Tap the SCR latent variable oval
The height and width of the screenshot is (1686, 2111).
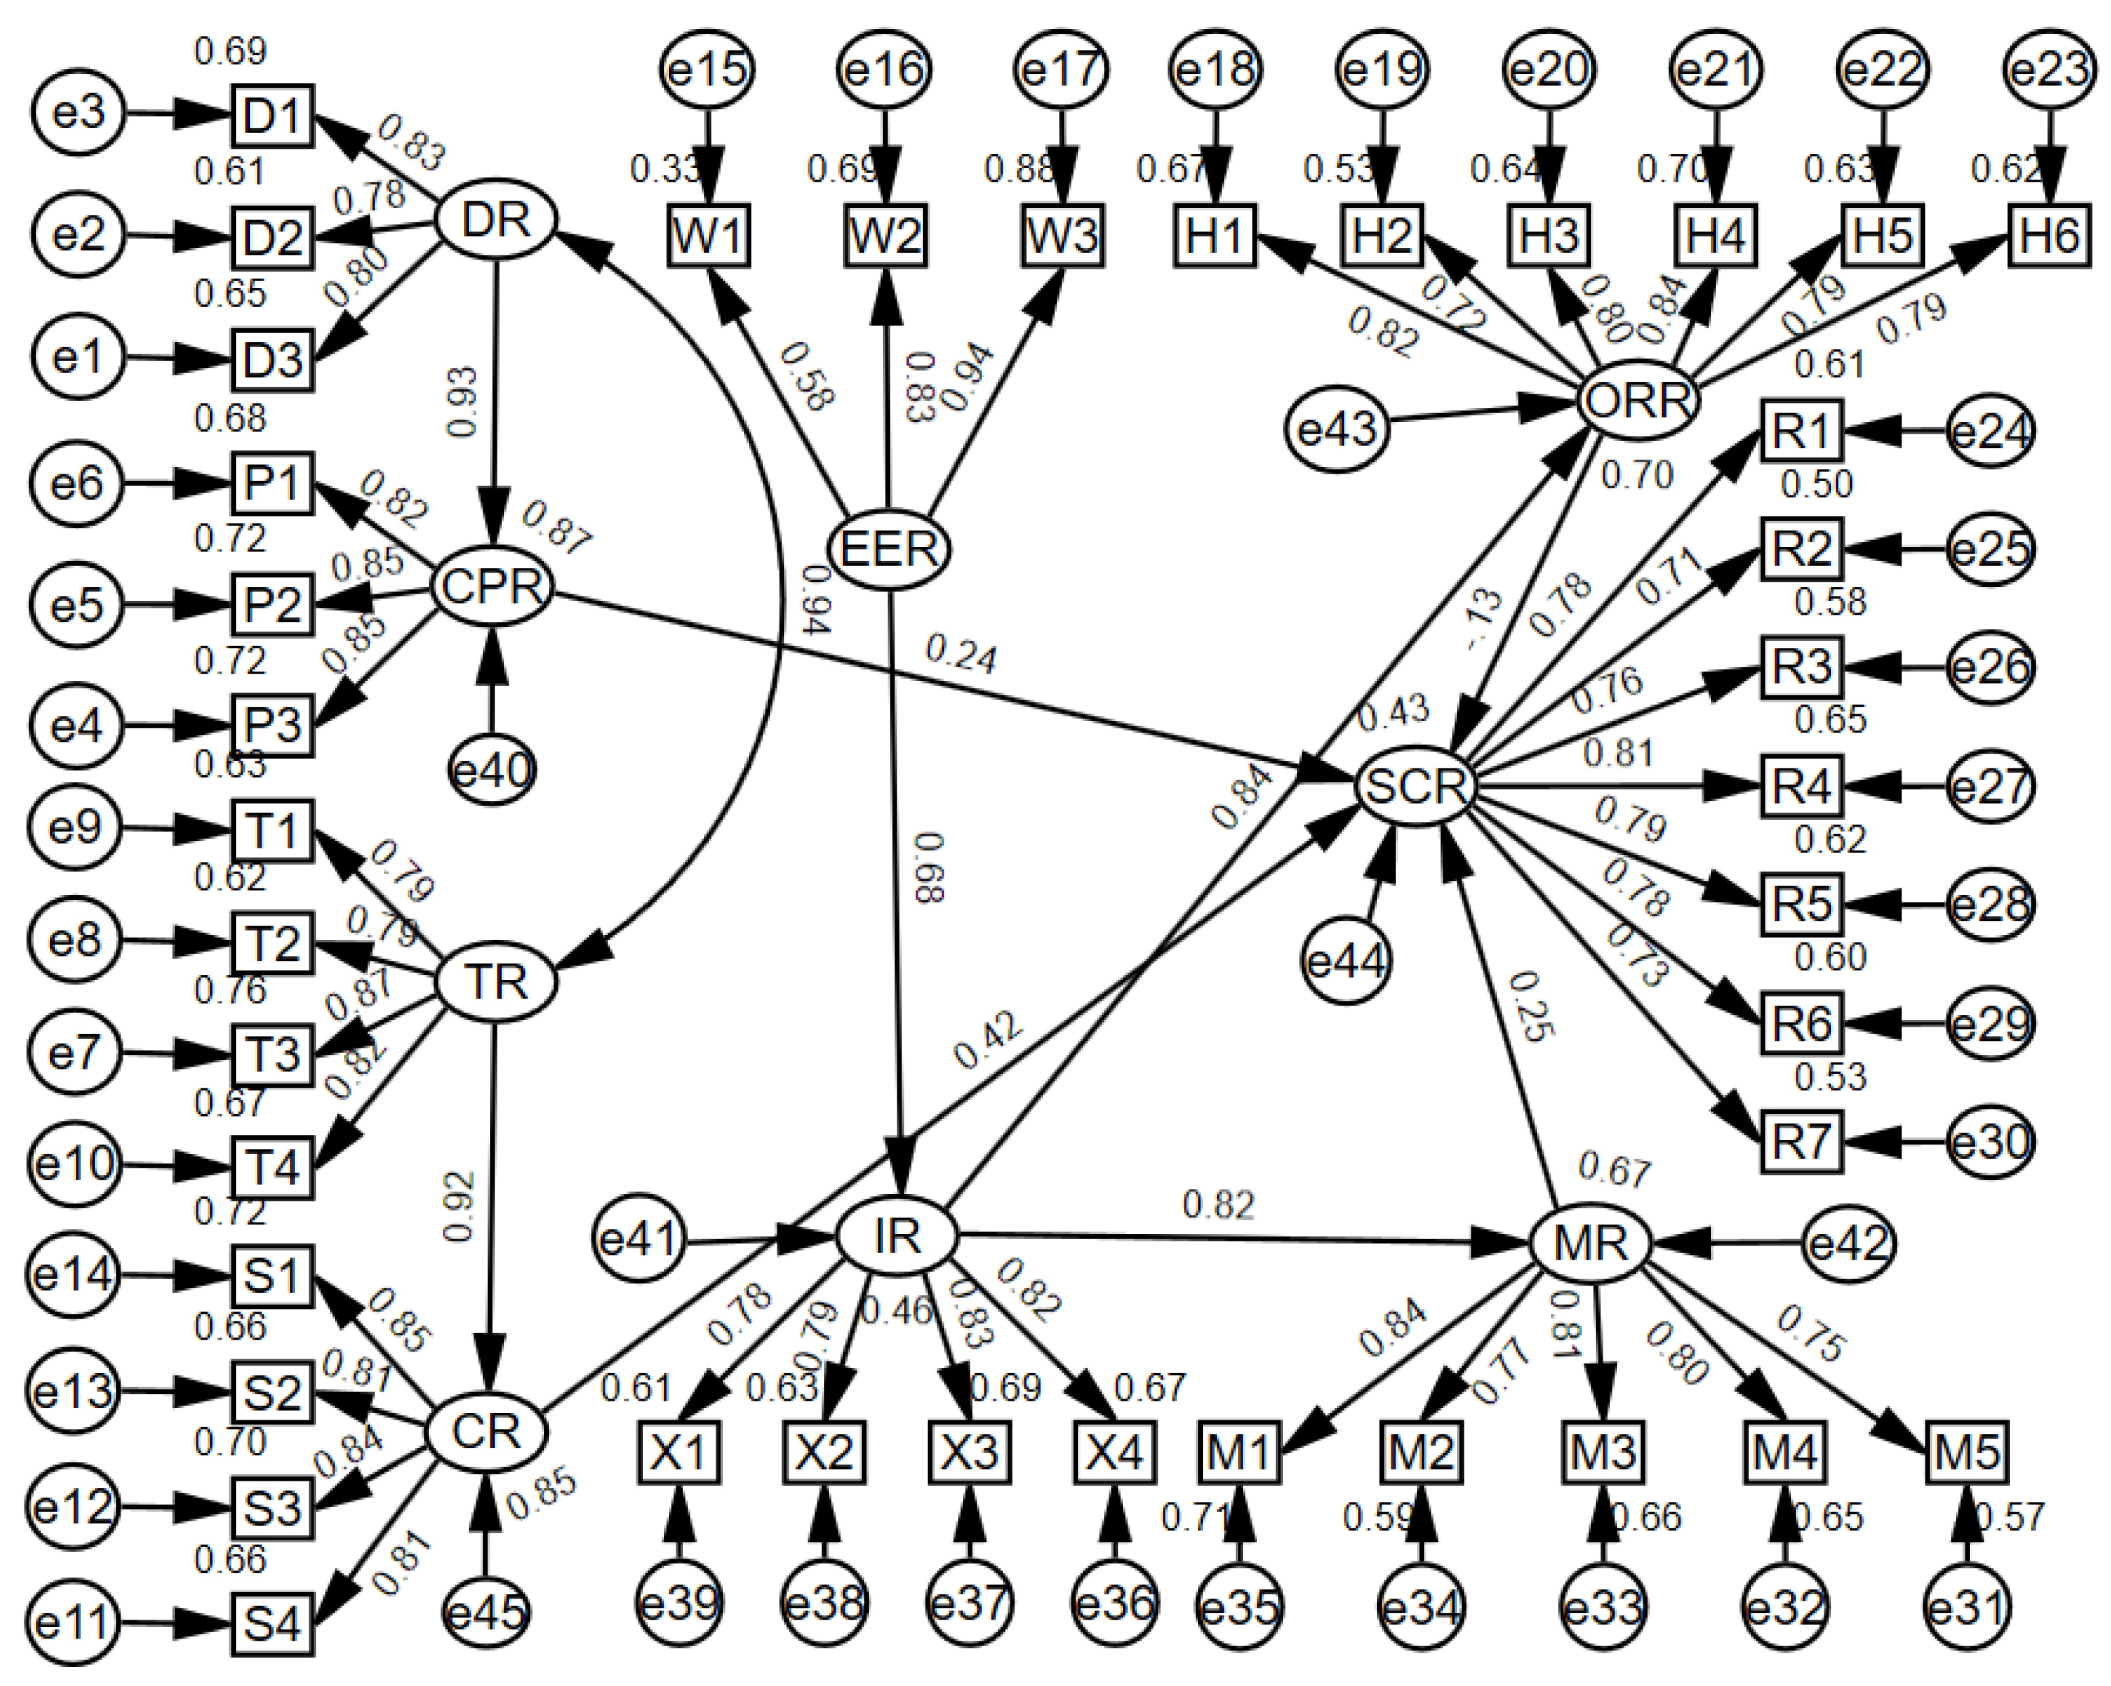point(1416,786)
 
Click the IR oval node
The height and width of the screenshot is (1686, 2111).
point(896,1237)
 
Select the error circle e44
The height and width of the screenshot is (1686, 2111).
point(1347,962)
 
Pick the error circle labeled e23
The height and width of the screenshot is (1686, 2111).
point(2049,70)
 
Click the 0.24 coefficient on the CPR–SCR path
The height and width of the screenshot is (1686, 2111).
point(962,656)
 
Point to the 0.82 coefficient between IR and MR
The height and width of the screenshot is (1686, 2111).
point(1218,1204)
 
